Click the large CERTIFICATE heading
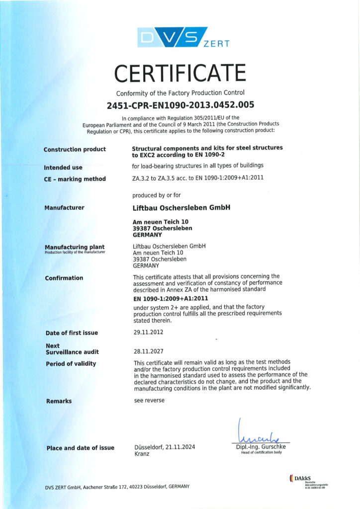tap(180, 74)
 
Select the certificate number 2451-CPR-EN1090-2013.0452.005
tap(180, 105)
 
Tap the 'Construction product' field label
tap(75, 149)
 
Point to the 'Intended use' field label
tap(63, 168)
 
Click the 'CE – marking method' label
tap(75, 179)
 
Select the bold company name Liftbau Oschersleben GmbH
tap(181, 208)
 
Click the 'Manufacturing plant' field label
tap(74, 247)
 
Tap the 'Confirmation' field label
tap(64, 278)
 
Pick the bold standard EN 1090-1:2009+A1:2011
tap(171, 298)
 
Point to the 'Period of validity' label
tap(71, 363)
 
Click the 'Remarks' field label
tap(59, 401)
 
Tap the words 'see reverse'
tap(149, 400)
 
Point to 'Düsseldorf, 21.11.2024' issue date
tap(165, 447)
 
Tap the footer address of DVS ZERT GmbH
tap(117, 486)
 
